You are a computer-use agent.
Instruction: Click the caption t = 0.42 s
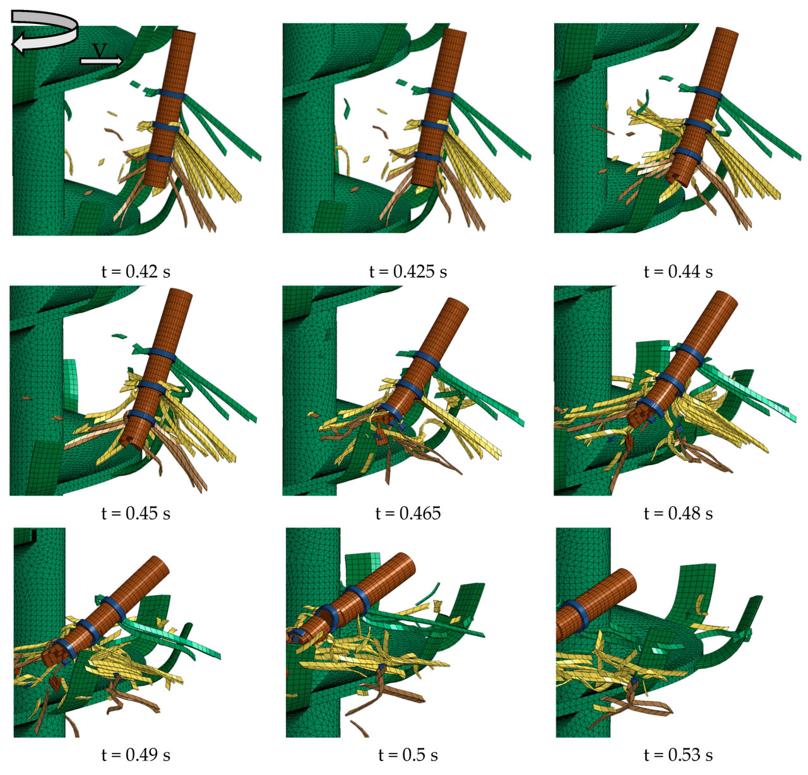[x=136, y=272]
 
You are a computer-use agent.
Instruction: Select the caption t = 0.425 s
[x=408, y=272]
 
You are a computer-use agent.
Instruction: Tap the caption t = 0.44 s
[x=678, y=272]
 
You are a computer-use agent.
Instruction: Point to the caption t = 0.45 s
[x=136, y=514]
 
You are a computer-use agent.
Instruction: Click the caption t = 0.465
[x=408, y=514]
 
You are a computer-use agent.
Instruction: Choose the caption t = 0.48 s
[x=678, y=514]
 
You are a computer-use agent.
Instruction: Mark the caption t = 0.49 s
[x=136, y=755]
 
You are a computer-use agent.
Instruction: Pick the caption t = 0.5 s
[x=408, y=755]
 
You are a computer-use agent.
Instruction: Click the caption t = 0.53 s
[x=678, y=755]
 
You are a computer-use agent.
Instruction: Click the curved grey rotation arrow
[x=44, y=32]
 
